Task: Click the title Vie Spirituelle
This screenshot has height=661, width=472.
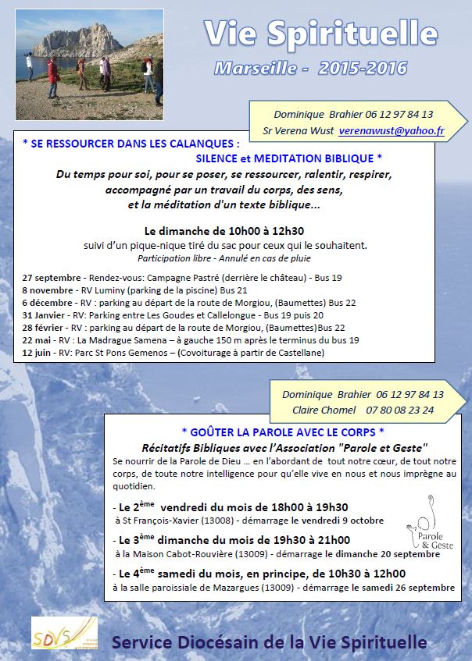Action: click(320, 34)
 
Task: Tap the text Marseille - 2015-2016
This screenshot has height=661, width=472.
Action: click(310, 69)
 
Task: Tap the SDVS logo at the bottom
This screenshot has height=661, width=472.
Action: click(64, 633)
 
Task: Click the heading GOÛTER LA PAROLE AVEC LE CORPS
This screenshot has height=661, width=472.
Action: click(282, 432)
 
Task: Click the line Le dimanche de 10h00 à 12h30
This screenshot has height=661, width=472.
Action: click(223, 231)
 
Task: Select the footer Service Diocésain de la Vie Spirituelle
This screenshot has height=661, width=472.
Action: click(270, 642)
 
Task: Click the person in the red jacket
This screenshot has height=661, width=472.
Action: click(53, 74)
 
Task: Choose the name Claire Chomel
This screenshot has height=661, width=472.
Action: click(324, 410)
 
